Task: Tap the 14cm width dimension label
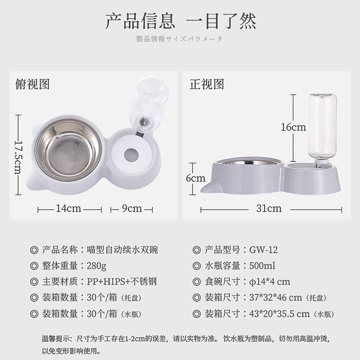68,209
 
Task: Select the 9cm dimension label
132,209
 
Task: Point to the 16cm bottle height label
293,127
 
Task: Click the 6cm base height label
195,178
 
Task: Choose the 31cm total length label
269,208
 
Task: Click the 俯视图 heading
32,84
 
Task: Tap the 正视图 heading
206,84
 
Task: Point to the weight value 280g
97,266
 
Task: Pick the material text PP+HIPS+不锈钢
121,282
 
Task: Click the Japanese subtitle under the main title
180,39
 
